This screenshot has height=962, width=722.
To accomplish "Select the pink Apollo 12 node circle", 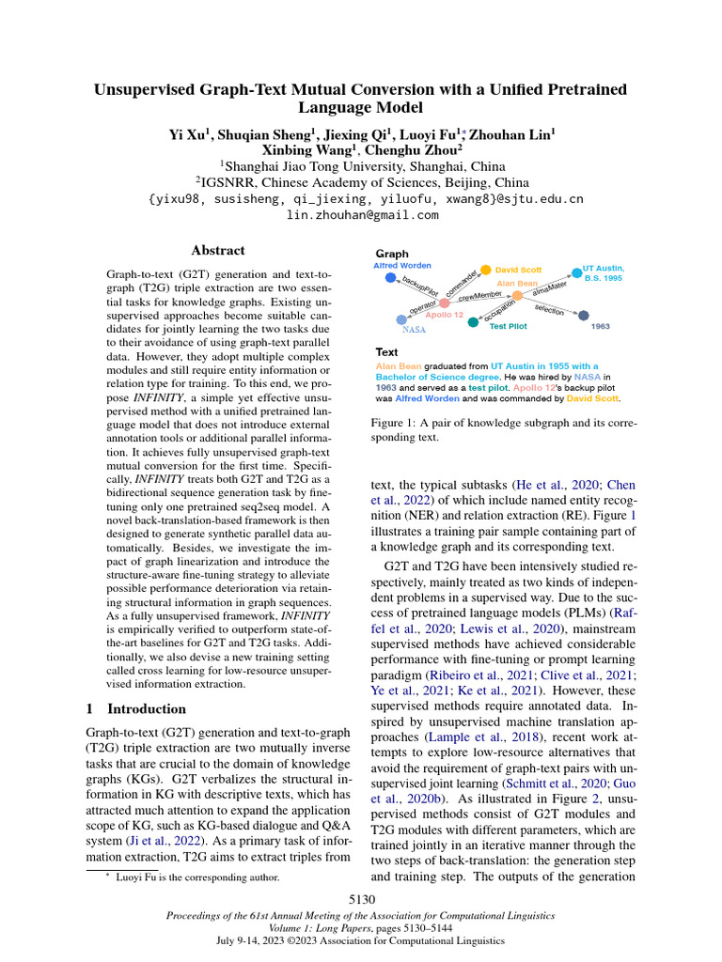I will pos(445,303).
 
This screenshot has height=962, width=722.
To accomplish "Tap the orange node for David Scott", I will pos(486,270).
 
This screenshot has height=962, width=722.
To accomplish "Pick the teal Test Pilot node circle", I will pos(473,322).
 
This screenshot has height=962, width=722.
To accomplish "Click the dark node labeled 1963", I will pos(583,316).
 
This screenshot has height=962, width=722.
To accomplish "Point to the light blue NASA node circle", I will pos(401,319).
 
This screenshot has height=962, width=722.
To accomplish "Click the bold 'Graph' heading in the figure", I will pos(392,254).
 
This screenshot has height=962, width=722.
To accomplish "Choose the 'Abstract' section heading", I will pos(218,251).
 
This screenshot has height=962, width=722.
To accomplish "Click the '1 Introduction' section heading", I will pos(136,708).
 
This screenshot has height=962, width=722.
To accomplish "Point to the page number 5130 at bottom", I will pos(362,900).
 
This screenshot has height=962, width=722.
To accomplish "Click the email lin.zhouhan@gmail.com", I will pos(362,215).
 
